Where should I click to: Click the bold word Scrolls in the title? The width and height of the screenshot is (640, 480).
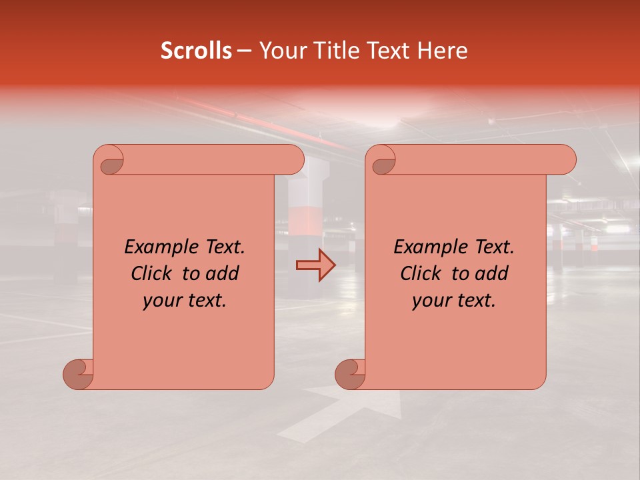[x=196, y=51]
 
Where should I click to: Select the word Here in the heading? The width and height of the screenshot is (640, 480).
[x=443, y=51]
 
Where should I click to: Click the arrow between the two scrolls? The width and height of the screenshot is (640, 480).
[x=315, y=265]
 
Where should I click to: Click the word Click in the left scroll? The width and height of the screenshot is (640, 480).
[x=152, y=274]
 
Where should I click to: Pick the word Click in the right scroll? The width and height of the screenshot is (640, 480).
[x=421, y=274]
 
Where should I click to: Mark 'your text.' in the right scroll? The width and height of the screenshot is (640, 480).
[x=454, y=301]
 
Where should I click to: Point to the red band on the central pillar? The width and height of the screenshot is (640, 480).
[x=306, y=220]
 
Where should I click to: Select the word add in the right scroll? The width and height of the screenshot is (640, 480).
[x=493, y=274]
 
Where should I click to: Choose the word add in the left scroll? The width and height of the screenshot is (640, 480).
[x=223, y=274]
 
